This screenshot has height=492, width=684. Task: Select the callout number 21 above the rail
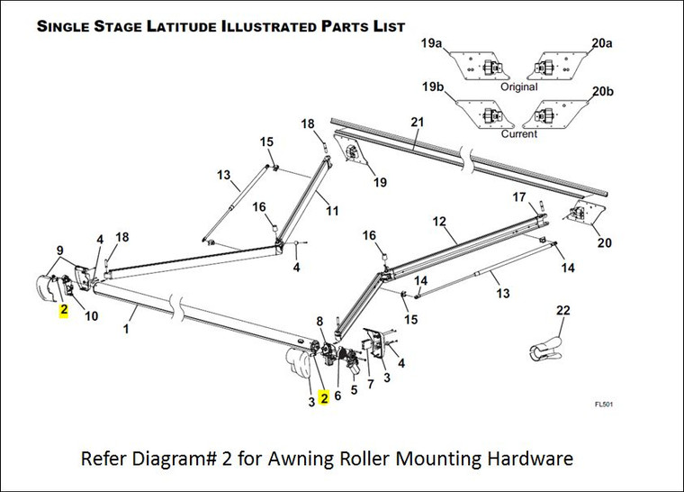416,123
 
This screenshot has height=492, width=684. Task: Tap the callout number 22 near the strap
563,311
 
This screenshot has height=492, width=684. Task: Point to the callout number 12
439,221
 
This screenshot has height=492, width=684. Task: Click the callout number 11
332,211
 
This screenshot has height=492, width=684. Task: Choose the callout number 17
519,196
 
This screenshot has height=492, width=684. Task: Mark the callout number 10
91,314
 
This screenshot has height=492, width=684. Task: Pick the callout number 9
59,251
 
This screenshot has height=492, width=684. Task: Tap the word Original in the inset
518,87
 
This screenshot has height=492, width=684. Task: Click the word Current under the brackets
518,133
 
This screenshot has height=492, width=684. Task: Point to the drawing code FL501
603,405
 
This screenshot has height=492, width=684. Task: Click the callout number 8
319,321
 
